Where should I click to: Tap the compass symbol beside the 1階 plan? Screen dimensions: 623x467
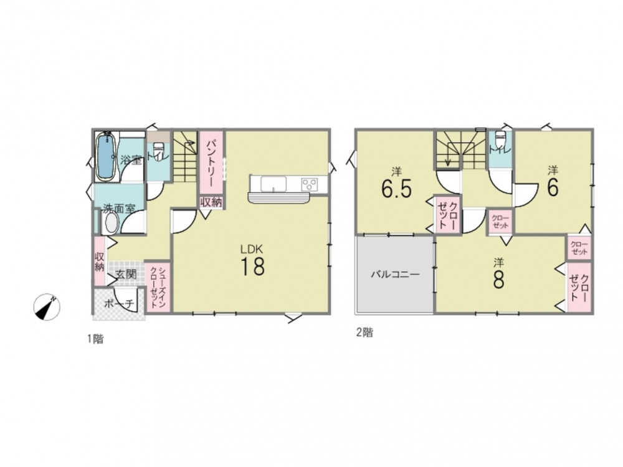tap(47, 307)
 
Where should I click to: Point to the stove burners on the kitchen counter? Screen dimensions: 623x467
tap(309, 184)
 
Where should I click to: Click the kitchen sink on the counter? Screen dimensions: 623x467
tap(273, 184)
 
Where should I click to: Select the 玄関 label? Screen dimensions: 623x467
tap(126, 275)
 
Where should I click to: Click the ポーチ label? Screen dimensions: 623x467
tap(119, 304)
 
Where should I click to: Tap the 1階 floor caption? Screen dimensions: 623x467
tap(95, 339)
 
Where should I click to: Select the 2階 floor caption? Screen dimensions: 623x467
tap(364, 333)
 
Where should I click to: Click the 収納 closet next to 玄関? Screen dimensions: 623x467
tap(100, 260)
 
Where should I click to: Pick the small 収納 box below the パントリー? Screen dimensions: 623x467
tap(211, 202)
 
